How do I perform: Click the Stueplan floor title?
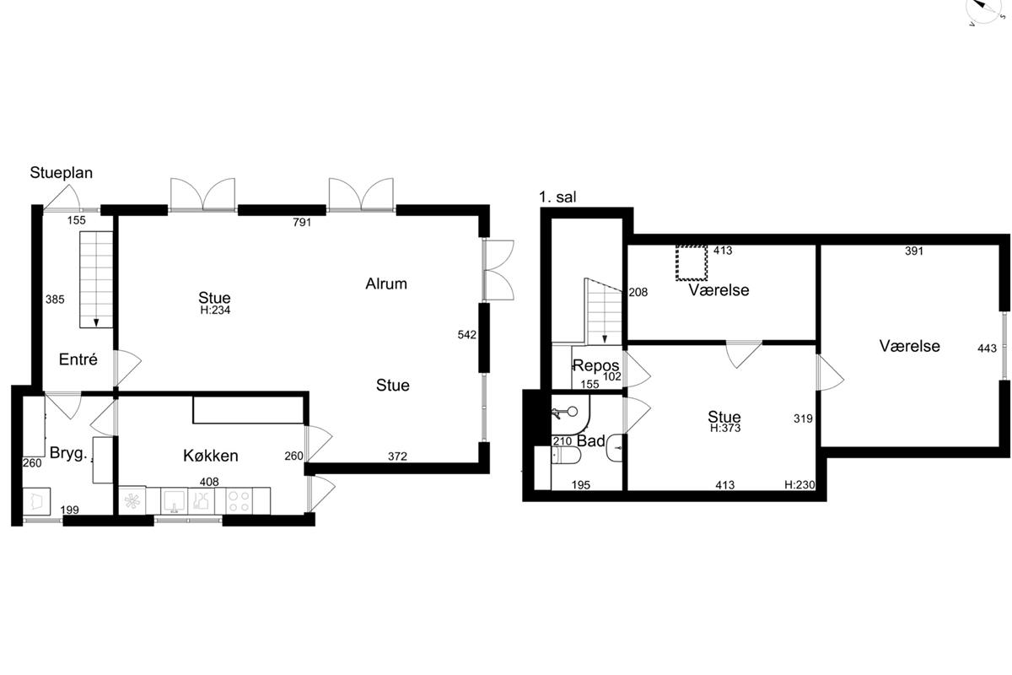61,173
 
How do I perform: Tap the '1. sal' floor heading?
557,197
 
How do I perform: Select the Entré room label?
78,359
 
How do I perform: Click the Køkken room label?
211,456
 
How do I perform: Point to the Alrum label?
386,283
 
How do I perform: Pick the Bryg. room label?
68,453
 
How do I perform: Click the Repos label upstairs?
596,365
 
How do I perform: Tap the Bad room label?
591,440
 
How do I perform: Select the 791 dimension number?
302,222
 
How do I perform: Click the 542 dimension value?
466,335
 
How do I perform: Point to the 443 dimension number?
987,348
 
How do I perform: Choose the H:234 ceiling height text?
215,310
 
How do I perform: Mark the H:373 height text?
725,428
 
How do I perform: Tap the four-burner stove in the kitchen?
239,501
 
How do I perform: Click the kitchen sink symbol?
174,501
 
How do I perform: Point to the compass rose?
989,9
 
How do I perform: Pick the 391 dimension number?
914,251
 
